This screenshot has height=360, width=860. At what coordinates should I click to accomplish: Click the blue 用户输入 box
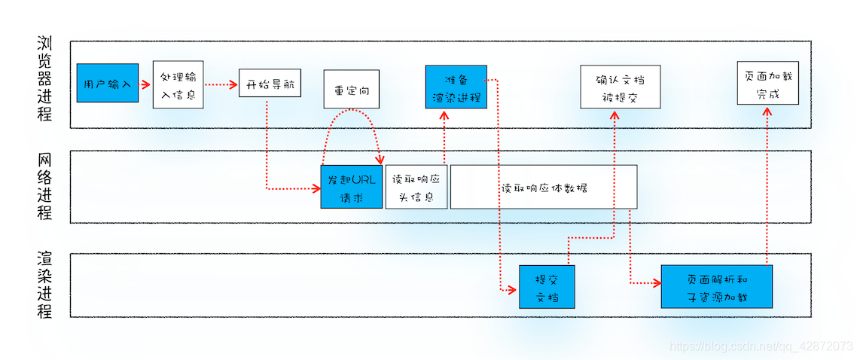pyautogui.click(x=108, y=83)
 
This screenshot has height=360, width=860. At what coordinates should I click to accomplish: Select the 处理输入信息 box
pyautogui.click(x=178, y=85)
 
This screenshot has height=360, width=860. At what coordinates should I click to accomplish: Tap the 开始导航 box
pyautogui.click(x=270, y=83)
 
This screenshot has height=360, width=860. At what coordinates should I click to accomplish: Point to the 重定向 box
pyautogui.click(x=352, y=89)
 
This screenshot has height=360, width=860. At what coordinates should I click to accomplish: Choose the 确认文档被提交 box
pyautogui.click(x=620, y=87)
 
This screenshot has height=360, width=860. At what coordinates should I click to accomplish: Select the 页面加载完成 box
pyautogui.click(x=767, y=84)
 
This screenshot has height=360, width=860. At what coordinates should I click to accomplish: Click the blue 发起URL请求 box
pyautogui.click(x=352, y=187)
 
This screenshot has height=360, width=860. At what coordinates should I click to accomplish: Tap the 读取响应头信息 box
pyautogui.click(x=416, y=187)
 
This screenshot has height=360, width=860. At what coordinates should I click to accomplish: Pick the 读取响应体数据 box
pyautogui.click(x=544, y=187)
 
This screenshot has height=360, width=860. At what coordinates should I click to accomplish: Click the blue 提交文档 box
pyautogui.click(x=547, y=286)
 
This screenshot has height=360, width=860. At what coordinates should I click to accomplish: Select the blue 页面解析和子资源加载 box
pyautogui.click(x=716, y=286)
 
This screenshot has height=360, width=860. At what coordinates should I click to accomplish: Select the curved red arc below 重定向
pyautogui.click(x=351, y=113)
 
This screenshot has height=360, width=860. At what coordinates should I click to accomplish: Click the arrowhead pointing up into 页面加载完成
pyautogui.click(x=767, y=110)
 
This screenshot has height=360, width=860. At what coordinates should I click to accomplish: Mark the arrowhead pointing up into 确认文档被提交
pyautogui.click(x=615, y=114)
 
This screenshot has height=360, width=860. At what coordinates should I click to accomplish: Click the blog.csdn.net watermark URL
pyautogui.click(x=761, y=345)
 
